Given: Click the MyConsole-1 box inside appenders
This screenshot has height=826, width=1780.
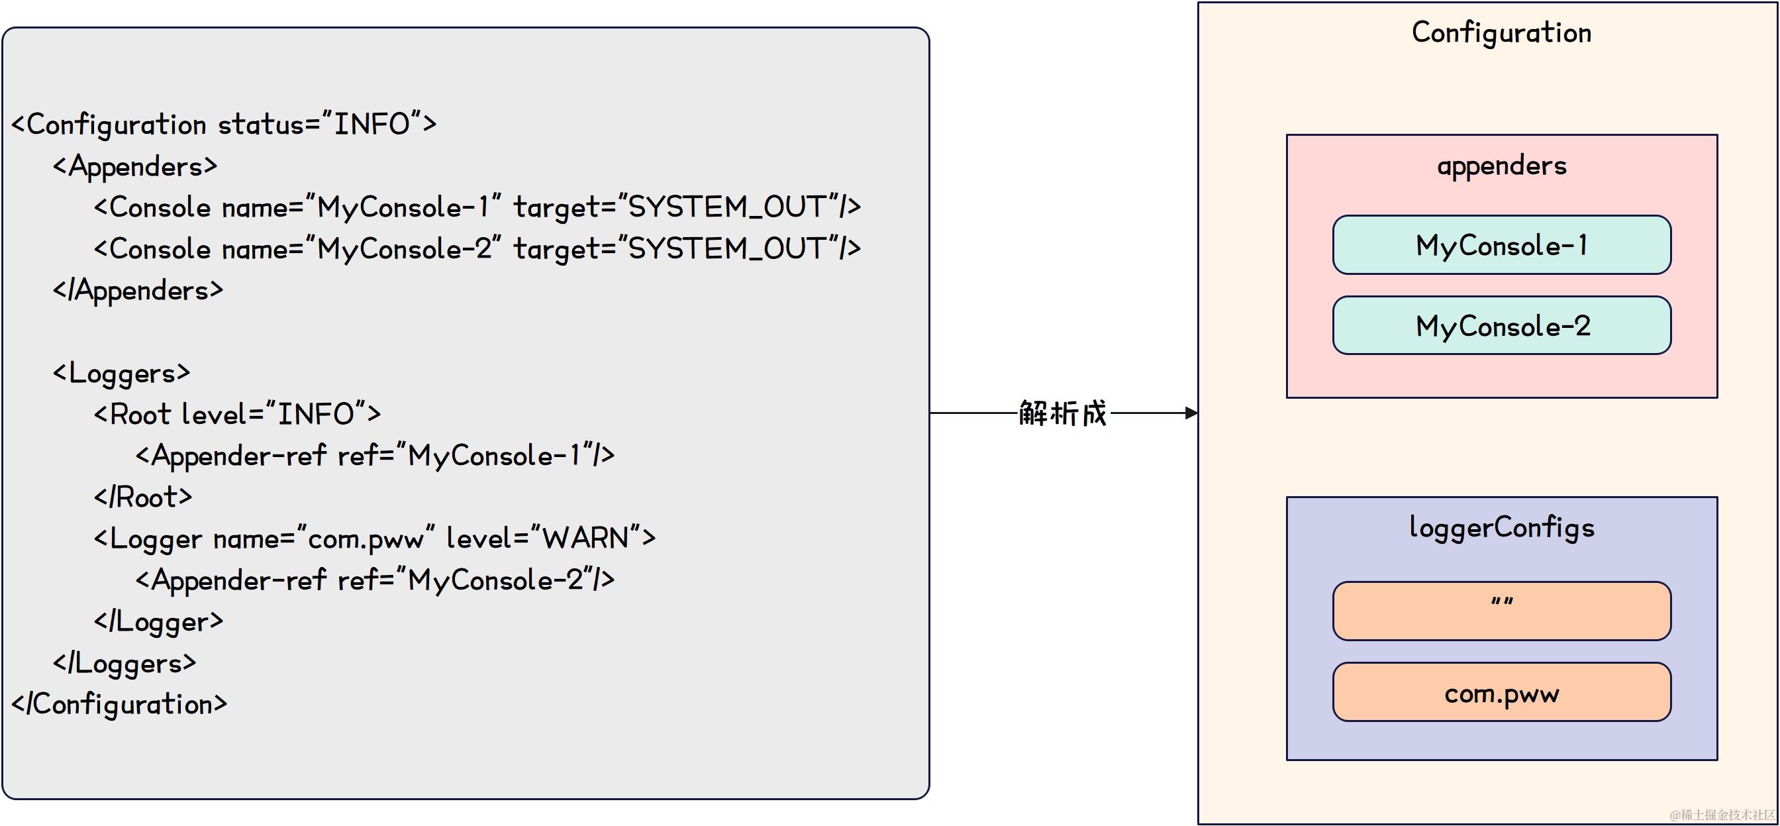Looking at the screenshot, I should tap(1501, 245).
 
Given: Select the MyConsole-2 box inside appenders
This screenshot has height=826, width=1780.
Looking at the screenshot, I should tap(1501, 325).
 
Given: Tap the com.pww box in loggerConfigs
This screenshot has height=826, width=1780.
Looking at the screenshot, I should tap(1501, 693).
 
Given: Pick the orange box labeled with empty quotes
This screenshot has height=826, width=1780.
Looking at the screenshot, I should tap(1501, 611).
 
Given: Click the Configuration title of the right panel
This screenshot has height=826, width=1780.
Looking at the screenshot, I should tap(1501, 32).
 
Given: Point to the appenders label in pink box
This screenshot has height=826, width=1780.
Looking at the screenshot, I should tap(1501, 166).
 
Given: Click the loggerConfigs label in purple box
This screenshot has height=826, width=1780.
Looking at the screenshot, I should tap(1501, 528).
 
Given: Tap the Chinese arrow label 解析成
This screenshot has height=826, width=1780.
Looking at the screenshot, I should tap(1063, 413).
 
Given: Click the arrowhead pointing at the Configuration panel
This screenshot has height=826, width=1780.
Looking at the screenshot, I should tap(1191, 413).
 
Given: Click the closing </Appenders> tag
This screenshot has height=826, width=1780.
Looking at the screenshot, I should tap(138, 290).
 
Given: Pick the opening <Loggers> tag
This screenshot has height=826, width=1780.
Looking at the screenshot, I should tap(122, 373).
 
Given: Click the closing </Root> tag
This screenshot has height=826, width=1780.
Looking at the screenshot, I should tap(143, 497).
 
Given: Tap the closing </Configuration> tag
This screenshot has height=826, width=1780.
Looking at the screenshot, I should tap(119, 704).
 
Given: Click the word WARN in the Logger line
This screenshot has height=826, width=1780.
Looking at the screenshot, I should tap(585, 538).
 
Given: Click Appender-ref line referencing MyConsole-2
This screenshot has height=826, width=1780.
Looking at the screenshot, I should tap(375, 580).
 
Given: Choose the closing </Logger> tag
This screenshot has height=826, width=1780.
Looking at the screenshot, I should tap(159, 621).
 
